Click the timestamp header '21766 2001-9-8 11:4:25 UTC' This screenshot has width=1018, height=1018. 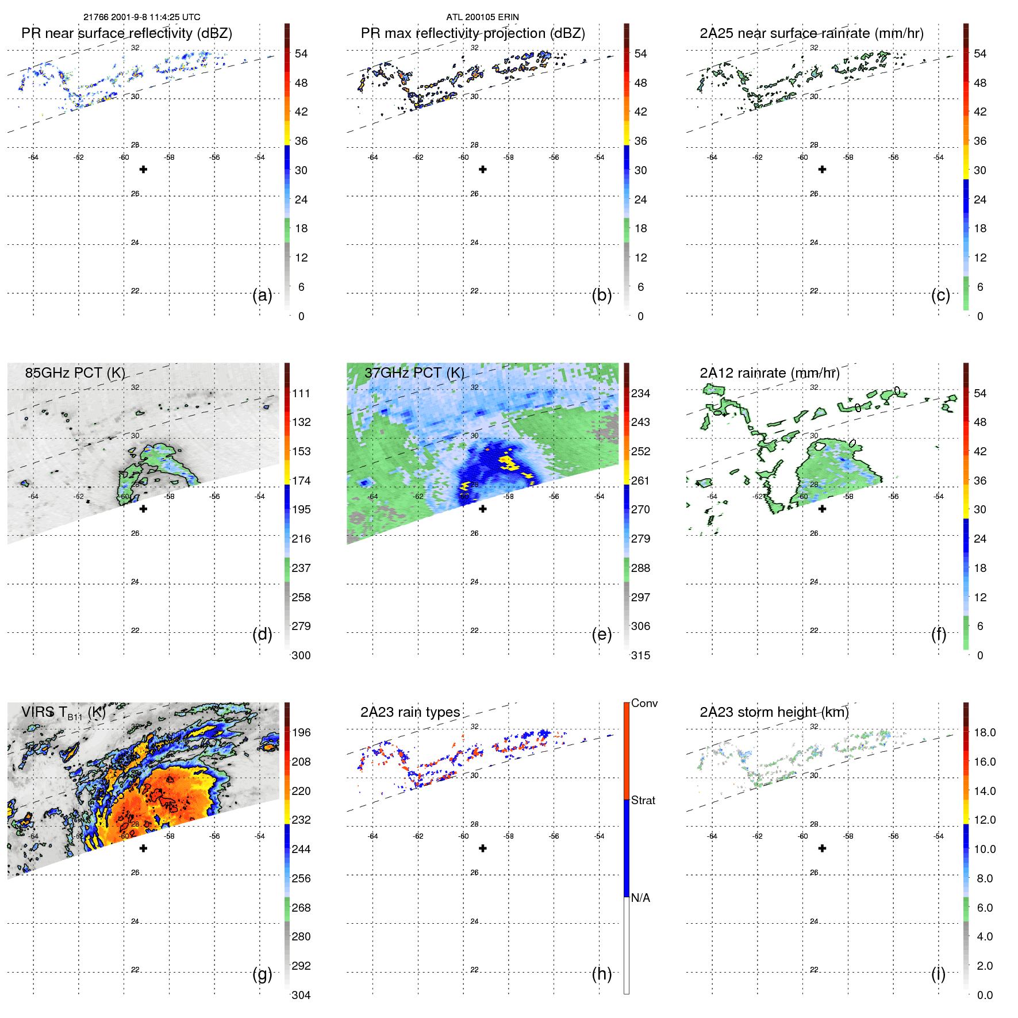[142, 17]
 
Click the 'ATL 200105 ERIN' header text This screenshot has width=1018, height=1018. [482, 17]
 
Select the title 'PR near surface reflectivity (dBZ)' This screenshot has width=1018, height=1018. [126, 33]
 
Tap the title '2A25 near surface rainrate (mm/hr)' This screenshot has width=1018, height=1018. [811, 33]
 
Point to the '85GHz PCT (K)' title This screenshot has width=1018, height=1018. [75, 373]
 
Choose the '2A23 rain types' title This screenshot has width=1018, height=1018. [410, 712]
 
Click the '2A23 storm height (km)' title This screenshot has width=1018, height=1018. [774, 712]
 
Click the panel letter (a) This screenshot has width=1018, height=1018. [262, 295]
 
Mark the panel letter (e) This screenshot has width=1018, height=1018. [601, 635]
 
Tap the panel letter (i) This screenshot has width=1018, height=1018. [938, 974]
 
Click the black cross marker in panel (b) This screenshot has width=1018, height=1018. [483, 170]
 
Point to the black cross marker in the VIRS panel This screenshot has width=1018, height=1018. [143, 848]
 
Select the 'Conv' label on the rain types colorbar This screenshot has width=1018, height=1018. [644, 704]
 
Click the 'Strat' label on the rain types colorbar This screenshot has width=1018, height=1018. [643, 800]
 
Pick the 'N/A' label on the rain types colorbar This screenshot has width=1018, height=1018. [640, 898]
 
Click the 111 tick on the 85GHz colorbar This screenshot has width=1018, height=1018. [301, 394]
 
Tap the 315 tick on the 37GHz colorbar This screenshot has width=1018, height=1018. [640, 655]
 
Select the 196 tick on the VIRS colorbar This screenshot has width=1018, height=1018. [301, 733]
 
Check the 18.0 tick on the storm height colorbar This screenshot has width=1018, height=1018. [985, 733]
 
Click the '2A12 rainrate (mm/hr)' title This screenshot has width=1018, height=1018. [770, 373]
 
